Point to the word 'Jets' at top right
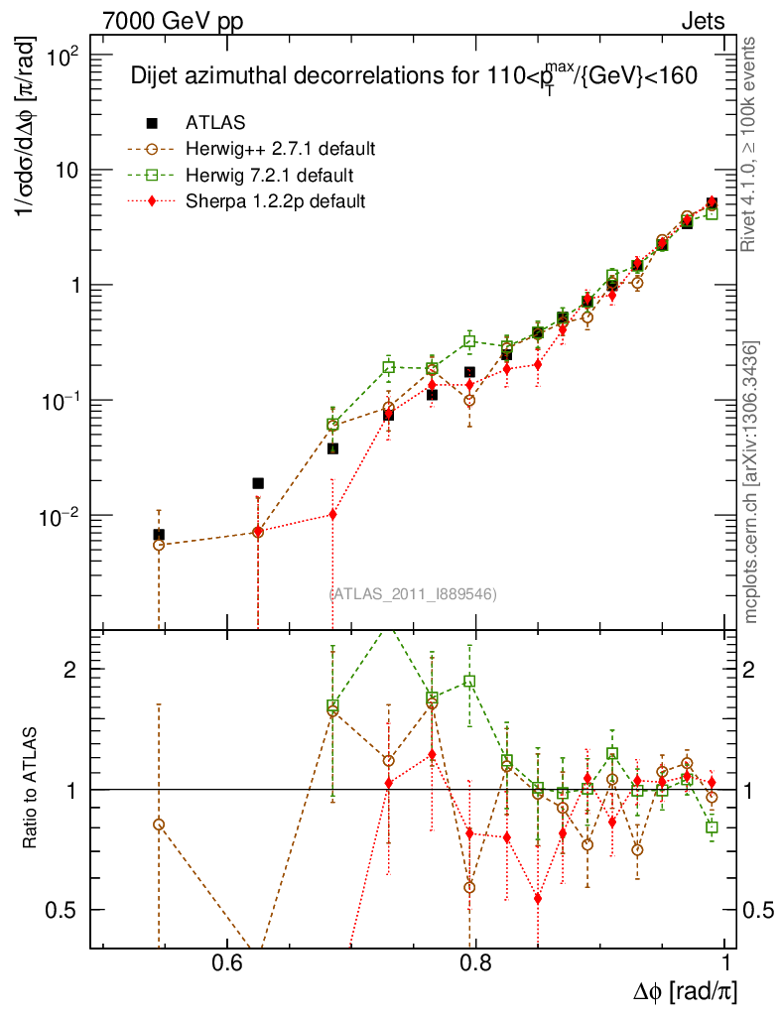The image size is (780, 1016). click(x=703, y=22)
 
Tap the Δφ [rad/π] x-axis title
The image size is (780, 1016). click(x=686, y=991)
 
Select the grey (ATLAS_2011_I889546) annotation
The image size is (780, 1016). click(x=413, y=594)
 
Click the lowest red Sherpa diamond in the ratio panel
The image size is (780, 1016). click(x=538, y=899)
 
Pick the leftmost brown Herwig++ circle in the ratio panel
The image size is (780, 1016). click(x=159, y=825)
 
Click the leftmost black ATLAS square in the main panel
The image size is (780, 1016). click(x=159, y=535)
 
